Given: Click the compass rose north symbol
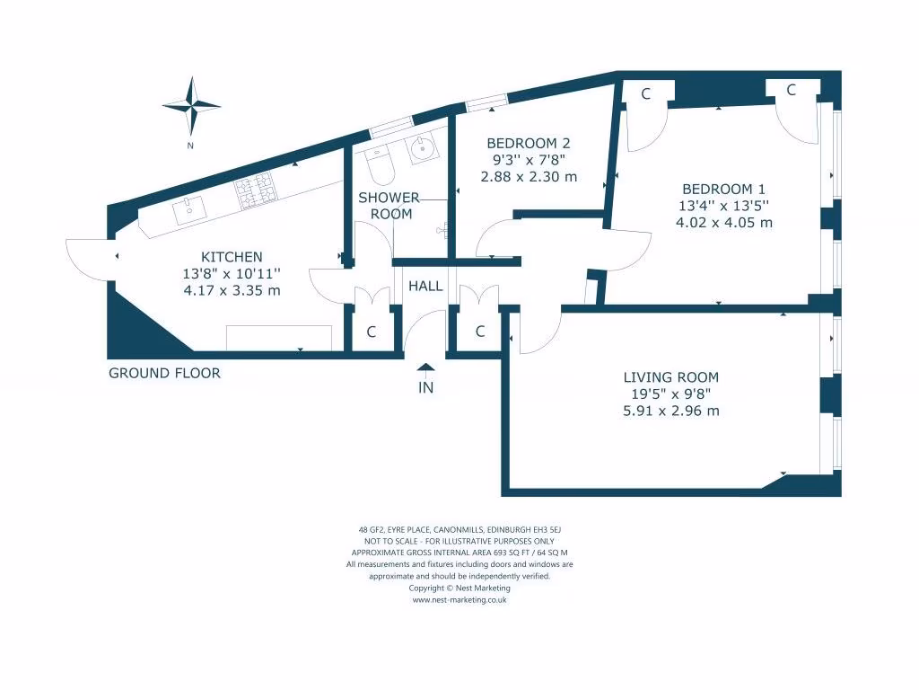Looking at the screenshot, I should [191, 106].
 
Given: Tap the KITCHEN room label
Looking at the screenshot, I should [232, 257].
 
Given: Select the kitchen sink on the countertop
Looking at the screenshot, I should [190, 210].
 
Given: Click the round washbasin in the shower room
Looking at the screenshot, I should [420, 151].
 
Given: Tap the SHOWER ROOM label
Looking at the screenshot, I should [389, 206].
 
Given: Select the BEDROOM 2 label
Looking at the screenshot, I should [528, 143].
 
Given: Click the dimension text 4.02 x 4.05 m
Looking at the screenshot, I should [723, 223].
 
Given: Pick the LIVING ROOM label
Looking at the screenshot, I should [671, 377].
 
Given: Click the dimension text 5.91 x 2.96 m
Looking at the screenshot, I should [671, 411].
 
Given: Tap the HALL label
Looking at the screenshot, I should [425, 287].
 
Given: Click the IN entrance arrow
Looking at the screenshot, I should [425, 367].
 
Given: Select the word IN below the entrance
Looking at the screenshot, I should [425, 388].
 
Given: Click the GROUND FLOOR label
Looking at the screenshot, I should [164, 373].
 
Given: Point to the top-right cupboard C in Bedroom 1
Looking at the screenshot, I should [792, 90].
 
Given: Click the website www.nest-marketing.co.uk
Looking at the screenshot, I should [459, 600].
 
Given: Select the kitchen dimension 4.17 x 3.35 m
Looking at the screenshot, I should [232, 290].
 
